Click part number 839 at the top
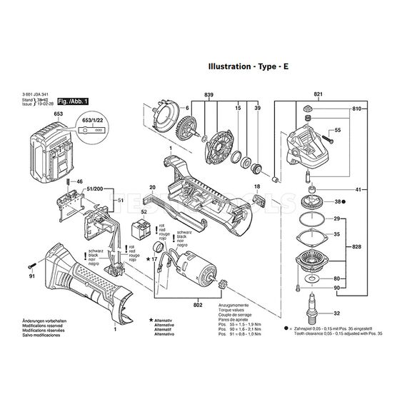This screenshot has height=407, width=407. click(x=208, y=95)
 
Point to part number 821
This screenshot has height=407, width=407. click(x=318, y=95)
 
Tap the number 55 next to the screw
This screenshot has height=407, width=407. click(x=338, y=131)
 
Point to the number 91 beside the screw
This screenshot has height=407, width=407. click(x=31, y=276)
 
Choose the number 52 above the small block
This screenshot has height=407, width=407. click(x=144, y=212)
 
